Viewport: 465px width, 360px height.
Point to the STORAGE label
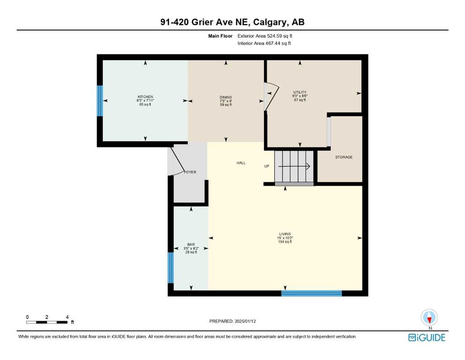(x=344, y=157)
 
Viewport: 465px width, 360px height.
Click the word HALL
(x=241, y=163)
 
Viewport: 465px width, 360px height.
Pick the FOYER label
(x=190, y=172)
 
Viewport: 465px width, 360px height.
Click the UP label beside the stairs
(x=267, y=166)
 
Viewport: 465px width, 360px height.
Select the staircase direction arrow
(x=294, y=166)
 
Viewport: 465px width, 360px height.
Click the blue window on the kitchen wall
(x=100, y=101)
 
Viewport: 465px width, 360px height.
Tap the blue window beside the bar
(x=170, y=268)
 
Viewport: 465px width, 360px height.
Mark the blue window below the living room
(x=311, y=293)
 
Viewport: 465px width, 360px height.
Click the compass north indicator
(x=429, y=317)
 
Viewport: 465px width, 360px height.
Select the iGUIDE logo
(x=427, y=337)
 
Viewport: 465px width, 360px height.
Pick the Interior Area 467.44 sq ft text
(x=264, y=43)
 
